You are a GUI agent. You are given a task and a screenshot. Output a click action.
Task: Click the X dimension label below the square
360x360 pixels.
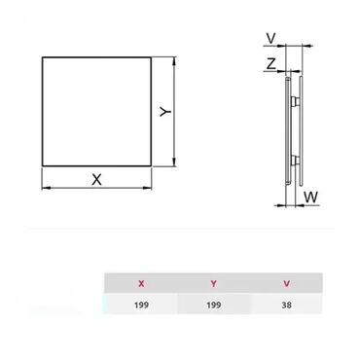pyautogui.click(x=96, y=179)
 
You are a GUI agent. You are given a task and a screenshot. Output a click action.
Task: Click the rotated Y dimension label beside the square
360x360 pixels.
pyautogui.click(x=165, y=112)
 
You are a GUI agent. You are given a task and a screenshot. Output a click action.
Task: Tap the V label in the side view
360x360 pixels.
pyautogui.click(x=270, y=39)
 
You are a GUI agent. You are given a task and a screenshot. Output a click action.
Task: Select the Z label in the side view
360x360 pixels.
pyautogui.click(x=271, y=63)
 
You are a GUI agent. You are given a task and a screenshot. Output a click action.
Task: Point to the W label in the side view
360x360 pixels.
pyautogui.click(x=311, y=197)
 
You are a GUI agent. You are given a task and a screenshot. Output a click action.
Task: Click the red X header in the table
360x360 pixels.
pyautogui.click(x=141, y=284)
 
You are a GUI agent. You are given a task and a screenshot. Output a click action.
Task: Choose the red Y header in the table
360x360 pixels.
pyautogui.click(x=213, y=284)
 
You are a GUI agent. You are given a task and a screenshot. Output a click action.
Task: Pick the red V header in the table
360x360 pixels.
pyautogui.click(x=286, y=284)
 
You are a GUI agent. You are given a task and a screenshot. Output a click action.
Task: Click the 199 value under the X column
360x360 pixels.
pyautogui.click(x=141, y=305)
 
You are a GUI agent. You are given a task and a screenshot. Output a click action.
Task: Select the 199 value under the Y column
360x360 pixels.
pyautogui.click(x=214, y=305)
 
